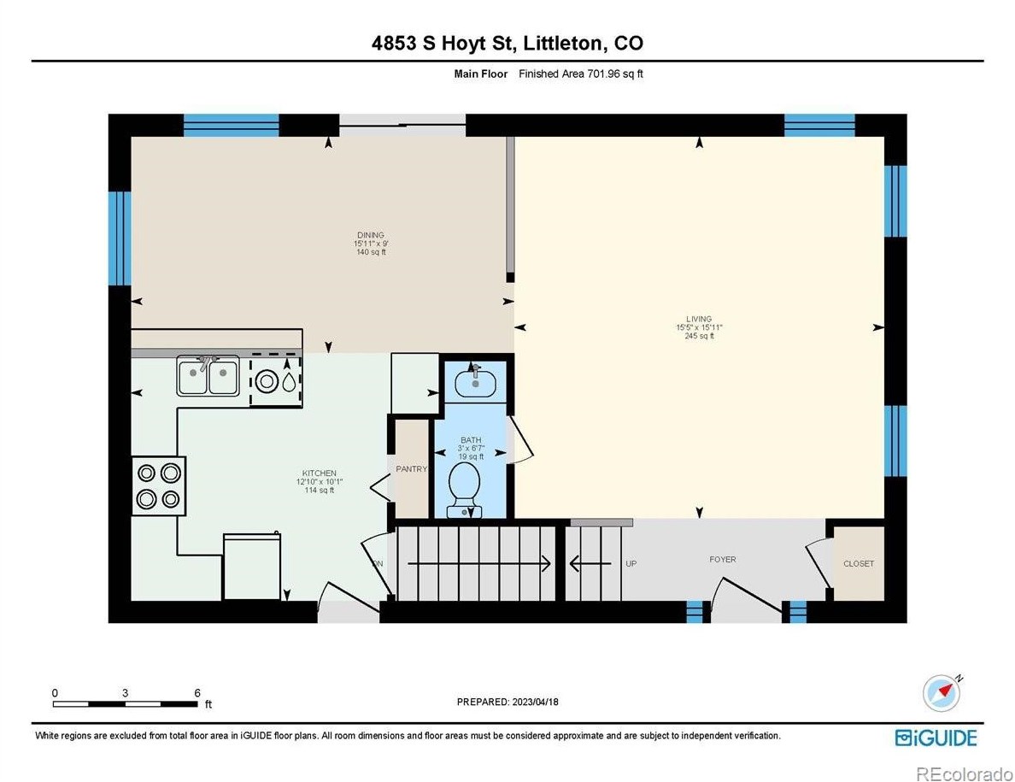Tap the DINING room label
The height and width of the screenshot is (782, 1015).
click(371, 235)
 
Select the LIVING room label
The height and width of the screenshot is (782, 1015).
click(699, 319)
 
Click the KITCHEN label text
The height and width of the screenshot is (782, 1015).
click(320, 473)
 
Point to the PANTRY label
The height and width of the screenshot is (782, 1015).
click(412, 468)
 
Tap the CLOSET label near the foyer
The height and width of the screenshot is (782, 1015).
click(859, 564)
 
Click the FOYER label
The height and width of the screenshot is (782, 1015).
click(723, 559)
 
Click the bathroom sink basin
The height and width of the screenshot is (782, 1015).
click(475, 382)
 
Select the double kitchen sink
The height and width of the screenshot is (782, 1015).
click(208, 375)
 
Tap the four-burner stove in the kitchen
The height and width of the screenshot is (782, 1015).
click(159, 486)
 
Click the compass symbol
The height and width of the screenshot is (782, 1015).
click(942, 692)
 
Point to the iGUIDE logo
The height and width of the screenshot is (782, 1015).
click(936, 738)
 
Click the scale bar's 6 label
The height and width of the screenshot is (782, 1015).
click(197, 692)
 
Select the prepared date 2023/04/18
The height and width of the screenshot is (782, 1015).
click(536, 702)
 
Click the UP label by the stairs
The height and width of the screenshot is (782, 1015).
click(631, 563)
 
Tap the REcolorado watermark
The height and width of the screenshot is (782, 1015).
click(964, 773)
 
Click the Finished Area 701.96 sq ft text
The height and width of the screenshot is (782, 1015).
click(581, 73)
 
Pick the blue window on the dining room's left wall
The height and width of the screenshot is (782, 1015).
click(120, 238)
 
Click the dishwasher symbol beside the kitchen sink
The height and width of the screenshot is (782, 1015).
click(277, 380)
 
